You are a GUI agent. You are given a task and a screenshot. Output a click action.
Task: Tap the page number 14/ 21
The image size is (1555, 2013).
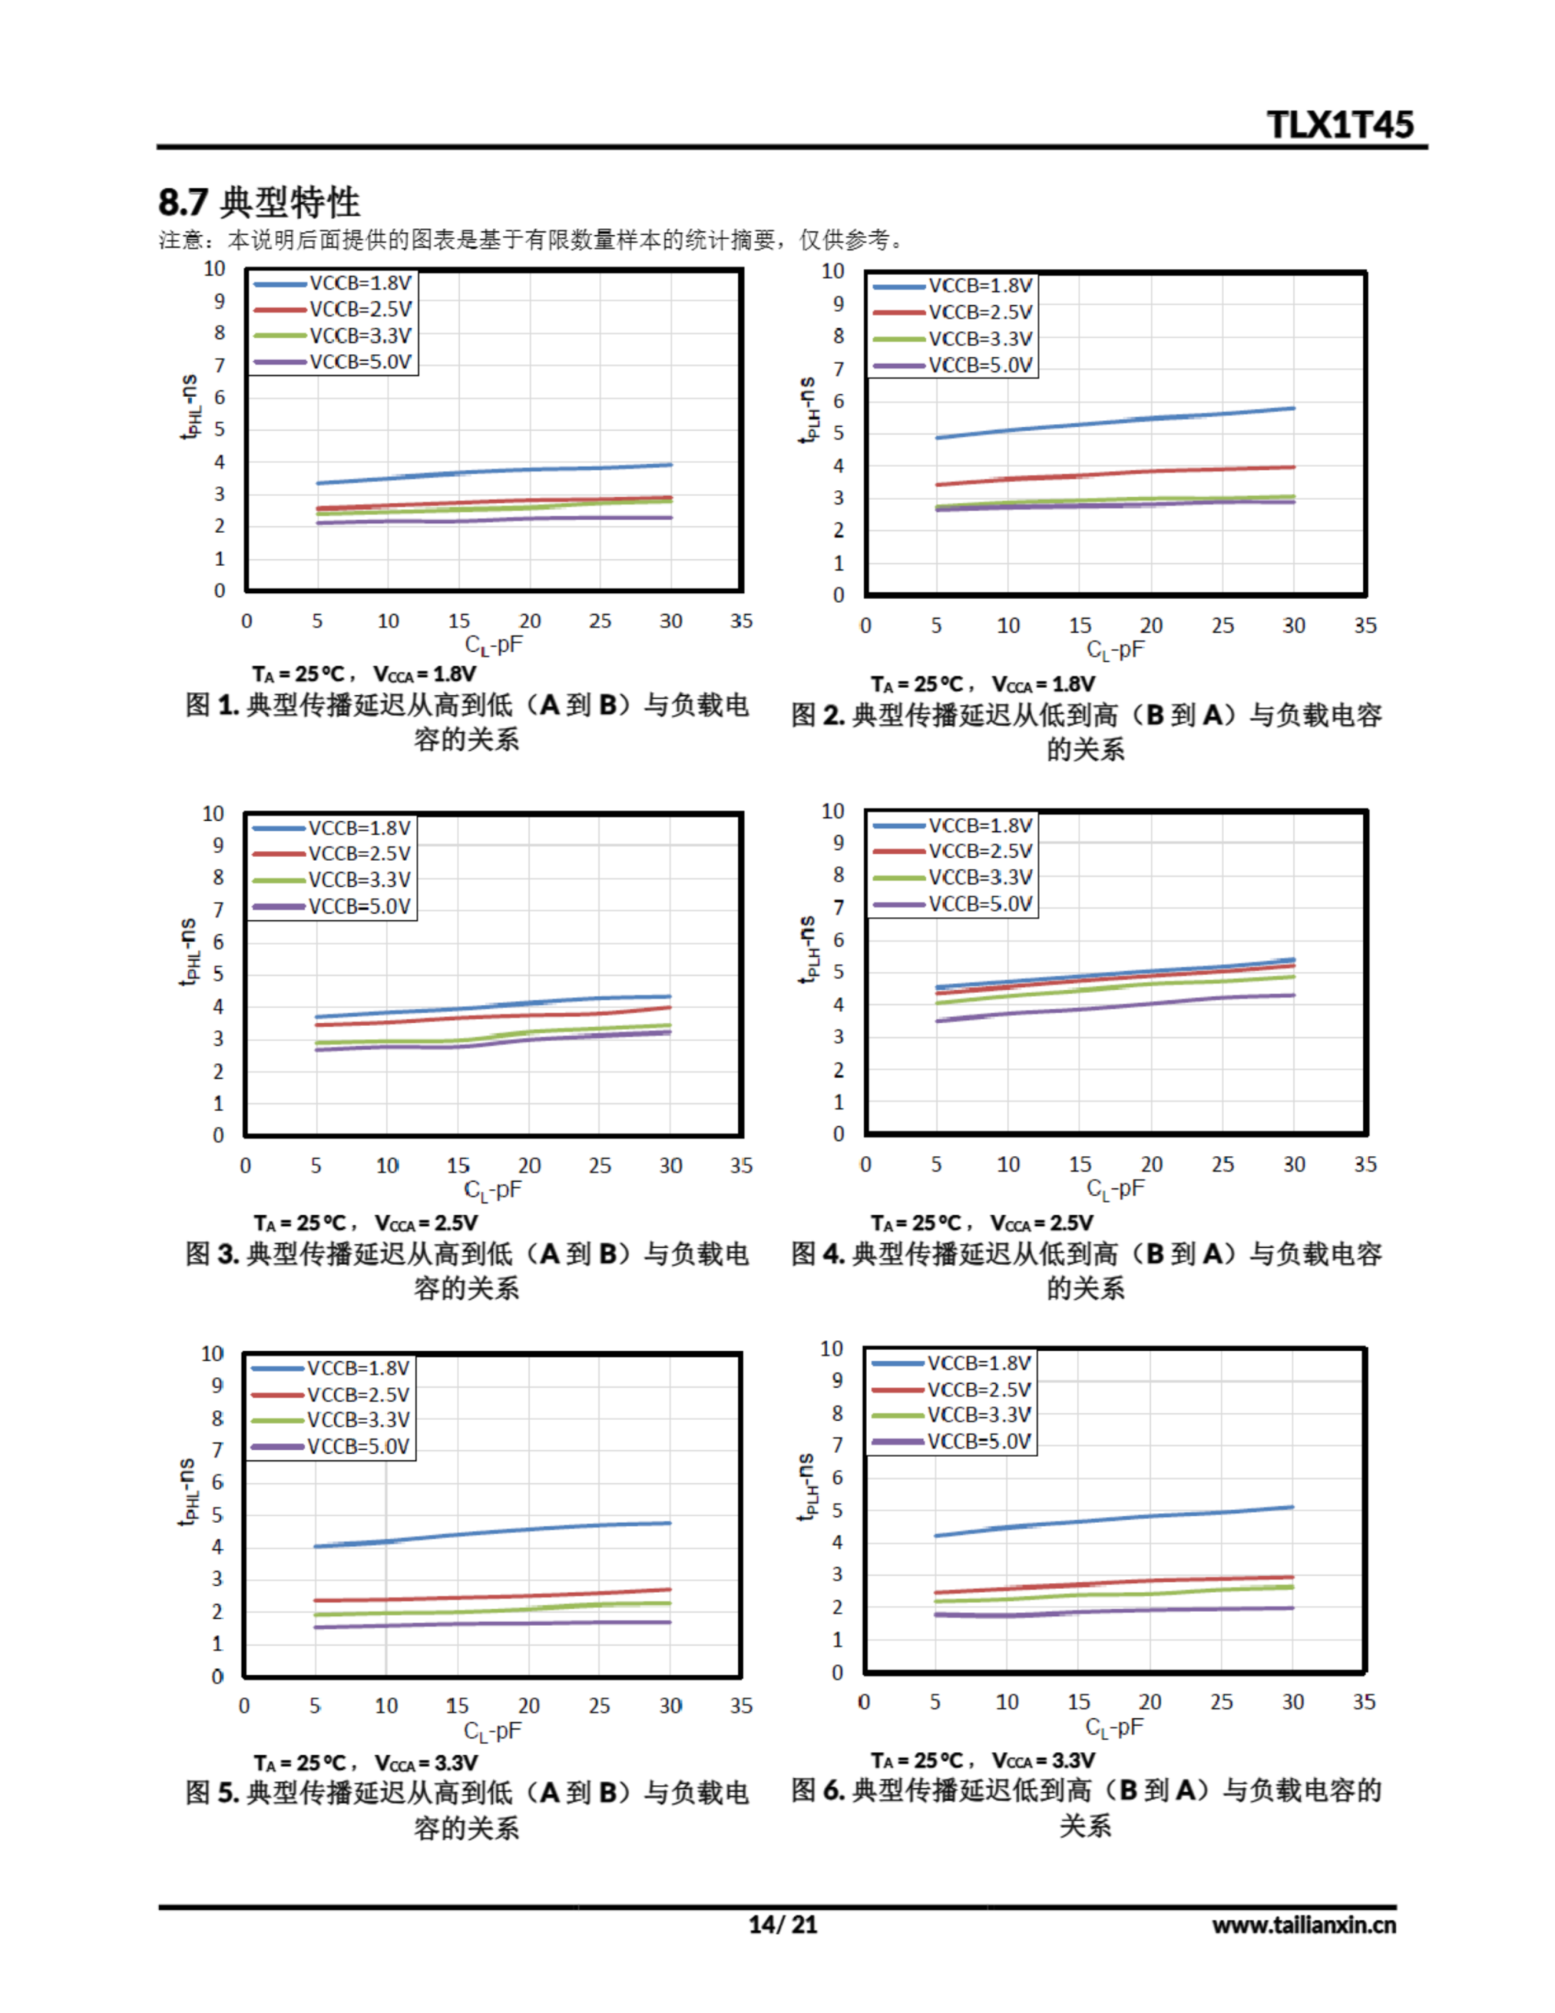(781, 1923)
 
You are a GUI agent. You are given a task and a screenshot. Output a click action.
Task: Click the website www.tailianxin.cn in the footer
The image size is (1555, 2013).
(1303, 1924)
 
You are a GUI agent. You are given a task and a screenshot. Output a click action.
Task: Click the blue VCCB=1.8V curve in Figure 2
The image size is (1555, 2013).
(1116, 422)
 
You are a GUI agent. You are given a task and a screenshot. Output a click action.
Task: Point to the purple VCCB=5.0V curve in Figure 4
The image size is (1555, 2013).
(1116, 1006)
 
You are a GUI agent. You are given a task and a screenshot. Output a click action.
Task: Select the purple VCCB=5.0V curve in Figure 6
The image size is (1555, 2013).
(1116, 1611)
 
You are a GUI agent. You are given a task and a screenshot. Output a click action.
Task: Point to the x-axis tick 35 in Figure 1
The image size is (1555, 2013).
(741, 621)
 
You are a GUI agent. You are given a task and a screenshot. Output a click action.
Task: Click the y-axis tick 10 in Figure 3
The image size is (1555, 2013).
(213, 814)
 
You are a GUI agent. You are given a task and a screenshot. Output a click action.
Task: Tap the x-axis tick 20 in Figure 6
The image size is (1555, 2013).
(1149, 1702)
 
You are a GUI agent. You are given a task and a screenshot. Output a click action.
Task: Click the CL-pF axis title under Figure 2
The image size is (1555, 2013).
(1116, 650)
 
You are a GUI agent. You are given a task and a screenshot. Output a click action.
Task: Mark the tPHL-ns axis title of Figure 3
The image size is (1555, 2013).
(189, 951)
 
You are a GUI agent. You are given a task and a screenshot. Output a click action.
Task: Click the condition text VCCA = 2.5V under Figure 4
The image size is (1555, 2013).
(1042, 1223)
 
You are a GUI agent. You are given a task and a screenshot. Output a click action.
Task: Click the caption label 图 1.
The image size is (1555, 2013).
(212, 705)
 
